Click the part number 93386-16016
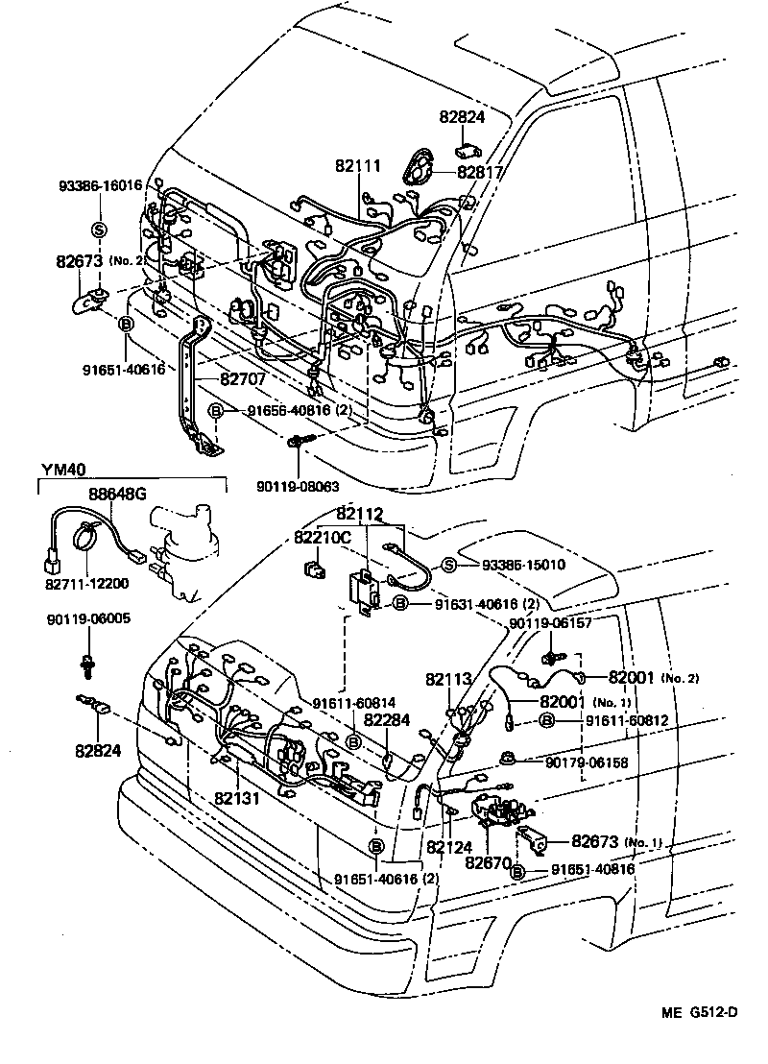click(x=100, y=185)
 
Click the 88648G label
click(x=118, y=494)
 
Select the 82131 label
click(x=237, y=797)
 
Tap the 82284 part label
click(x=390, y=720)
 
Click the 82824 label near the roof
click(x=463, y=117)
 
